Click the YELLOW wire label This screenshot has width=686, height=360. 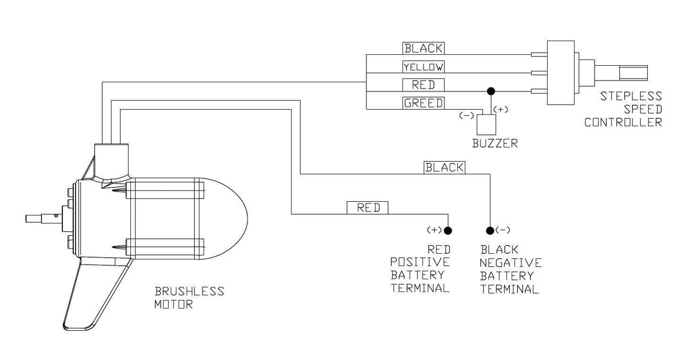click(423, 67)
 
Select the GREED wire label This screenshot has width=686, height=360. click(423, 103)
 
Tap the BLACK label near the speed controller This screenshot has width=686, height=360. click(423, 49)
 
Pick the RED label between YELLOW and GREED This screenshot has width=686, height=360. click(423, 85)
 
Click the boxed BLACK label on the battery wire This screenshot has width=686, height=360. click(444, 167)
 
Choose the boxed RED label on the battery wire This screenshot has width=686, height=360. click(368, 208)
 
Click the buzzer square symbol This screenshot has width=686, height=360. click(486, 125)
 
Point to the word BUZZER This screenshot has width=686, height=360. click(495, 143)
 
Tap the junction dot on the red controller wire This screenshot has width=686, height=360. click(491, 91)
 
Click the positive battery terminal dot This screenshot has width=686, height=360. click(448, 230)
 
